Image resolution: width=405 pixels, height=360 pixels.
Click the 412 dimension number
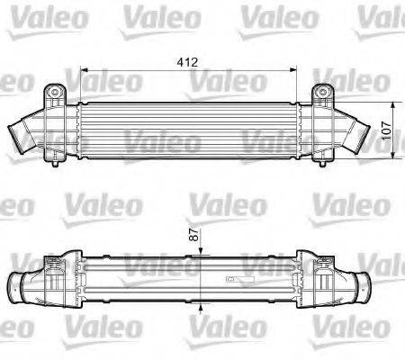click(x=187, y=63)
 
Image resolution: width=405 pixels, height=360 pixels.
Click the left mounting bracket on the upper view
click(x=56, y=94)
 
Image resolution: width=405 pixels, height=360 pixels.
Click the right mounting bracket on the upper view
click(x=323, y=94)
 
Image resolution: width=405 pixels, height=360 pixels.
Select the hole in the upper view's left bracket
click(x=56, y=93)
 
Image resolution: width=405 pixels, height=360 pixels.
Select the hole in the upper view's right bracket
click(x=323, y=93)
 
